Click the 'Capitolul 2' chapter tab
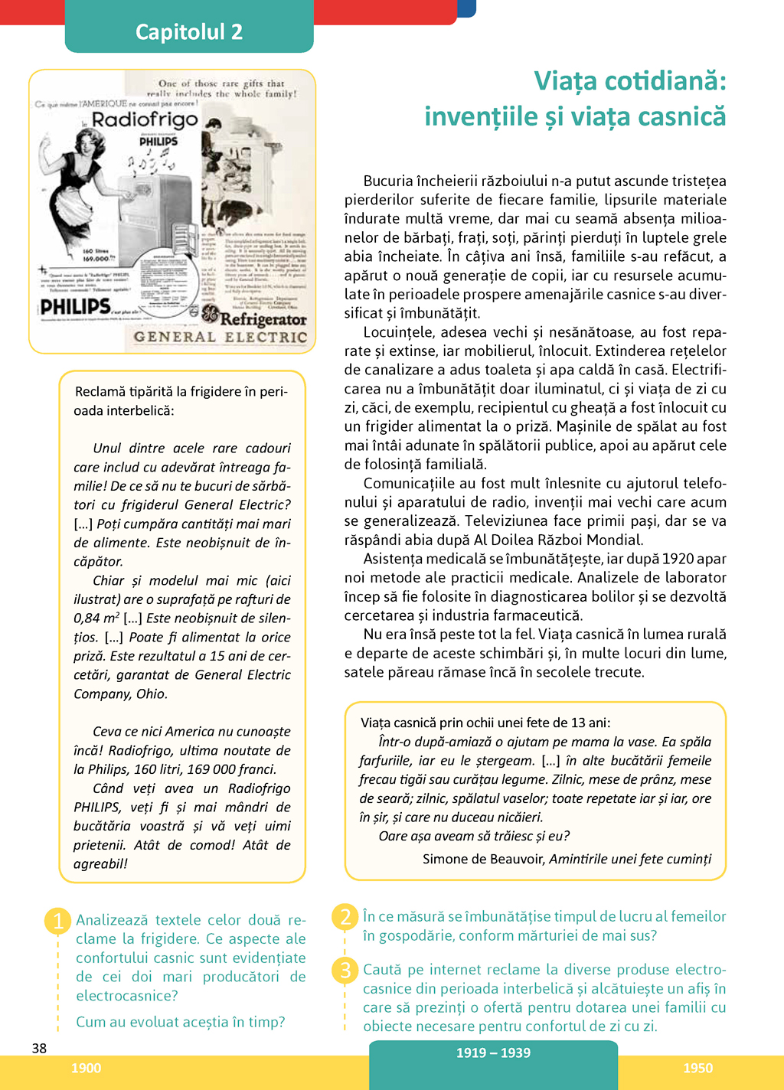189,31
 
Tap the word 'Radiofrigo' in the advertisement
145,119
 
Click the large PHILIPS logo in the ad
76,307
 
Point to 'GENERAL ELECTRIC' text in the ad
220,337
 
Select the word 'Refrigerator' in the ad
263,318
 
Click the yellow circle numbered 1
58,920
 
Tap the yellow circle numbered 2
345,916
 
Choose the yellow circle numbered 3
345,970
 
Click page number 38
39,1048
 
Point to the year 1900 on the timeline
86,1068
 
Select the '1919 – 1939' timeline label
493,1052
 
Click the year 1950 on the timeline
697,1068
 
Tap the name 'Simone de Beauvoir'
484,859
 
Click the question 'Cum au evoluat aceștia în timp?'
181,1022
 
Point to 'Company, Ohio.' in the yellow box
120,693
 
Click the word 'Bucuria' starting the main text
390,181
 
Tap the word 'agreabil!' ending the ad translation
100,863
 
